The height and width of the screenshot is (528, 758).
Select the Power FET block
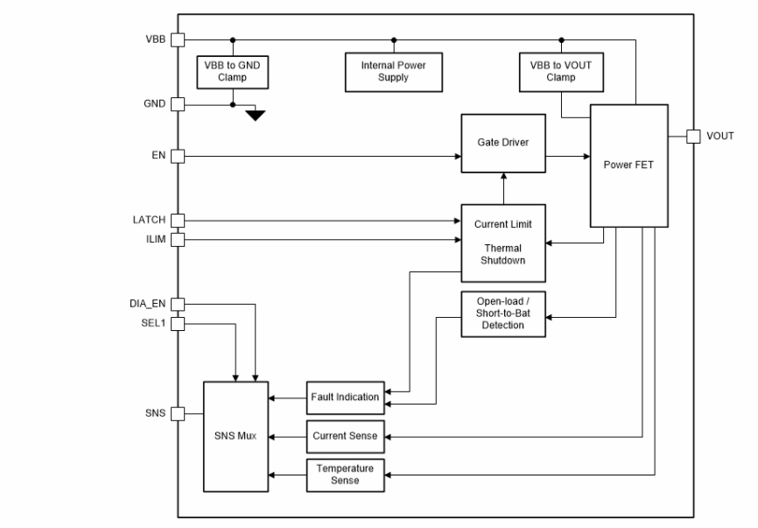pyautogui.click(x=628, y=164)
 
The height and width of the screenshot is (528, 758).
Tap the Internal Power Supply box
pyautogui.click(x=393, y=71)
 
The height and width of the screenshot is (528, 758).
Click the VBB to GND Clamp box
pyautogui.click(x=233, y=71)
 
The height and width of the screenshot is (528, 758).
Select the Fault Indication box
pyautogui.click(x=345, y=397)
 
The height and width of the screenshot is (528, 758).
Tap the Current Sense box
pyautogui.click(x=345, y=435)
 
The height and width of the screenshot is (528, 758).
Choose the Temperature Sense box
pyautogui.click(x=345, y=474)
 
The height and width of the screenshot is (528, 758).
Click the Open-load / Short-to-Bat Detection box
pyautogui.click(x=502, y=313)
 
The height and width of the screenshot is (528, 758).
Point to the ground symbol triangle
pyautogui.click(x=255, y=115)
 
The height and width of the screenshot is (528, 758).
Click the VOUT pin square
pyautogui.click(x=692, y=136)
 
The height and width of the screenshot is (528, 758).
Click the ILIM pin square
pyautogui.click(x=178, y=238)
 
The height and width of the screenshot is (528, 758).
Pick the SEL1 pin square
pyautogui.click(x=178, y=324)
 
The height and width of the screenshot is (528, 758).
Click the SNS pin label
pyautogui.click(x=154, y=413)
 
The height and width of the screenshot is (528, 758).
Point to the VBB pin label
pyautogui.click(x=155, y=39)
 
